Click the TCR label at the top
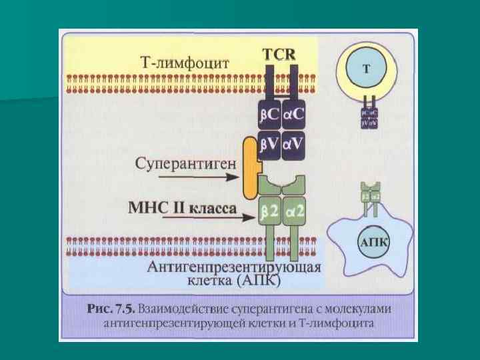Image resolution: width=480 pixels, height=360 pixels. (x=279, y=54)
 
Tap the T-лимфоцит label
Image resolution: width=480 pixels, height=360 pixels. (x=185, y=63)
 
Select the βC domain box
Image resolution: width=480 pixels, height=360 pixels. (x=270, y=115)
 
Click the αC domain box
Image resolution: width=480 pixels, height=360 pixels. (x=293, y=115)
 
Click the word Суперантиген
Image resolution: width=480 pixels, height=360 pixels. (x=182, y=163)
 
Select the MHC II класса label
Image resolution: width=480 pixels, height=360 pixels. (x=181, y=207)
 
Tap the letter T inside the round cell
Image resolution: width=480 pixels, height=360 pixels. (x=367, y=69)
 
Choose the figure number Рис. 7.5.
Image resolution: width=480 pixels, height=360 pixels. (x=111, y=309)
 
